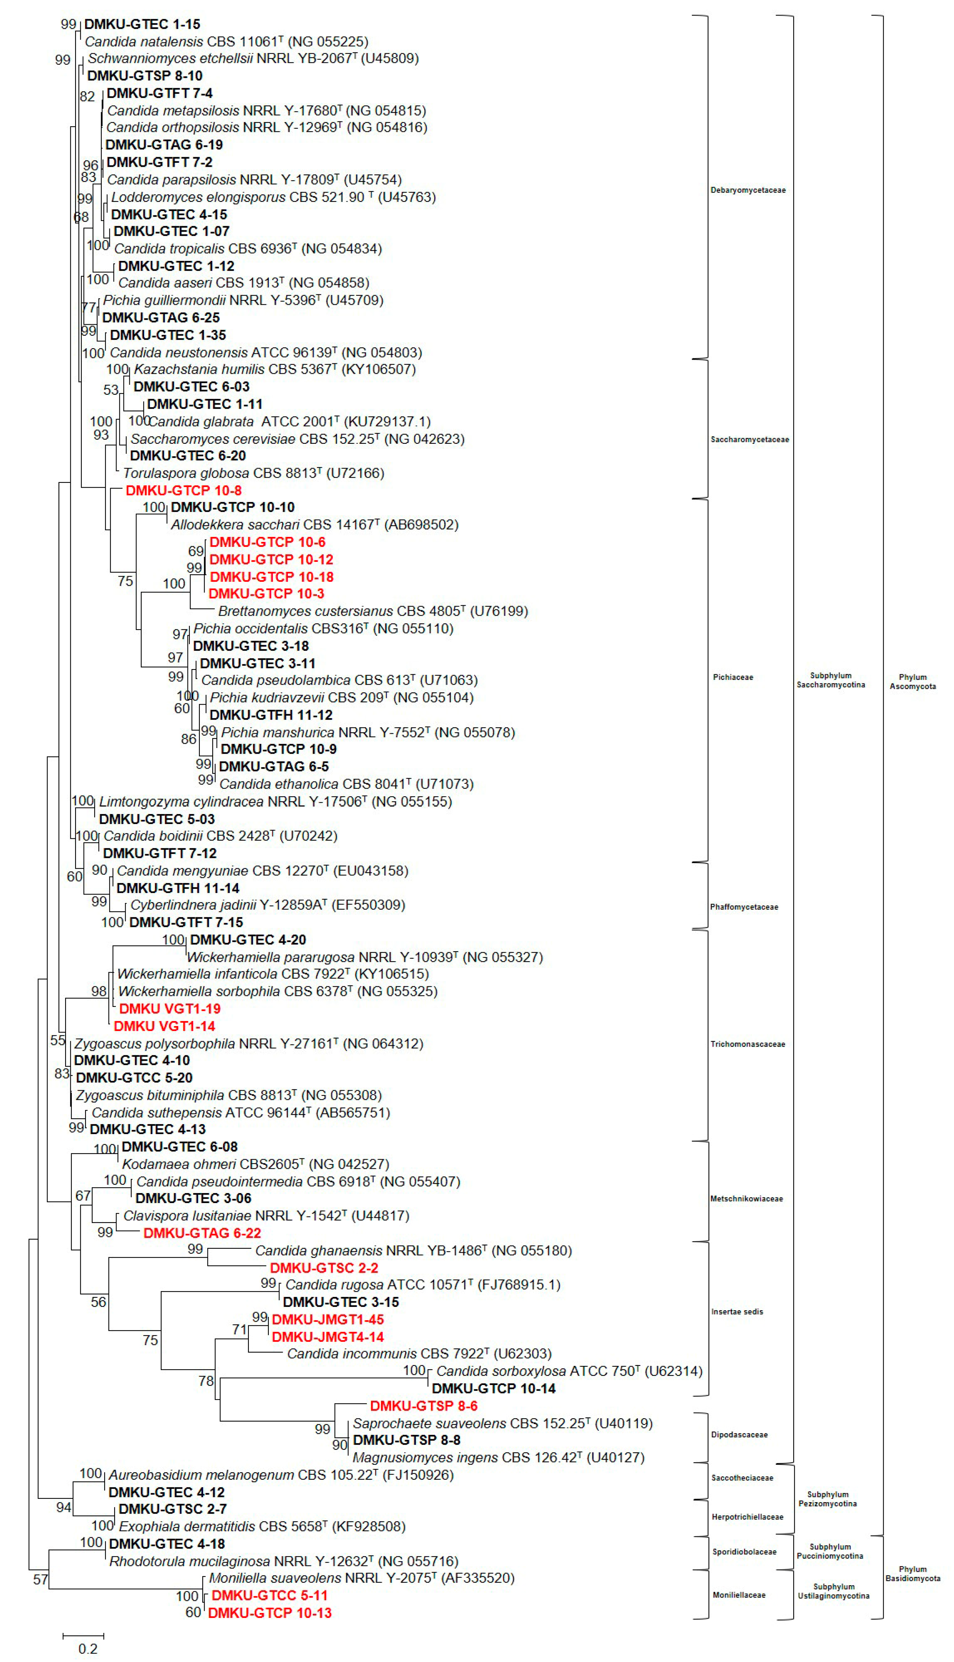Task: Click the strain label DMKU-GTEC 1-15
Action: [x=142, y=24]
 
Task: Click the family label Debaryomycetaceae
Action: [x=748, y=190]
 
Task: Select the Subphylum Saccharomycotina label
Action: [x=830, y=680]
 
